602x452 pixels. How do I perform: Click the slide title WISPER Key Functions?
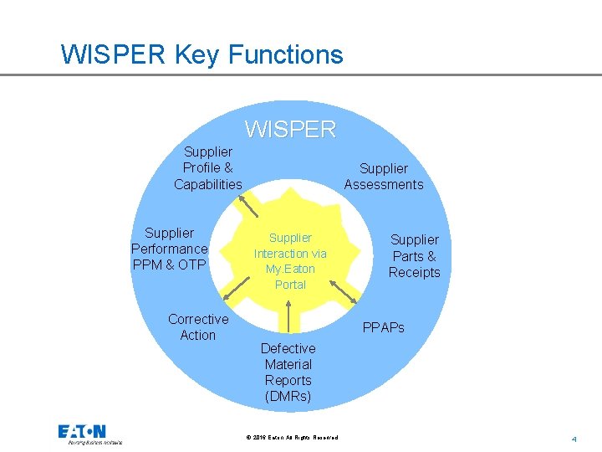[x=202, y=55]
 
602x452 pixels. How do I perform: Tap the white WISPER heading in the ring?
[x=290, y=130]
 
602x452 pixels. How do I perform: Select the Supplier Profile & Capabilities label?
[x=207, y=168]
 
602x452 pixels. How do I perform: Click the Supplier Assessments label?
[x=384, y=177]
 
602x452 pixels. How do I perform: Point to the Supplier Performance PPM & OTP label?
[x=169, y=249]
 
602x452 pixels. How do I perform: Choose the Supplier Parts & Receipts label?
[x=414, y=256]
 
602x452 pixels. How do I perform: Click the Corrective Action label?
[x=198, y=326]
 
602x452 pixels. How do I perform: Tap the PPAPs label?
[x=383, y=327]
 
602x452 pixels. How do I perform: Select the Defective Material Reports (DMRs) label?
[x=288, y=372]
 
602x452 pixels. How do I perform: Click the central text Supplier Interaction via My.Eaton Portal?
[x=290, y=261]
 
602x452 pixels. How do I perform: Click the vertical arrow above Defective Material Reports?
[x=288, y=316]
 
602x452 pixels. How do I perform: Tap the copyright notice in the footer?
[x=292, y=438]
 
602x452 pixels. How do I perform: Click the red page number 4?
[x=574, y=439]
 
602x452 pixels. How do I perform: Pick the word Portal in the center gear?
[x=290, y=285]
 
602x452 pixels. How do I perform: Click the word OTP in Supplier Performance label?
[x=192, y=265]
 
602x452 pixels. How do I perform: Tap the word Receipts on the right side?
[x=414, y=272]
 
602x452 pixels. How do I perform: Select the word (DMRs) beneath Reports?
[x=288, y=396]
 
